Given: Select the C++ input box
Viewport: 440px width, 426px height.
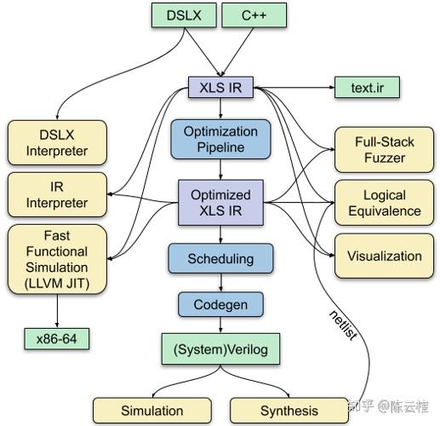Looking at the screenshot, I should tap(254, 15).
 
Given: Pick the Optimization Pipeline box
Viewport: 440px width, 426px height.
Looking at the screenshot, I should tap(220, 140).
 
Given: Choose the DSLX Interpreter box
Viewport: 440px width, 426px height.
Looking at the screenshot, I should tap(58, 143).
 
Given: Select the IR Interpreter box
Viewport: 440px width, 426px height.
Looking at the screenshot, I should tap(58, 194).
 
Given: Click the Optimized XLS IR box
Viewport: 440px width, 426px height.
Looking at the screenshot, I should tap(220, 202).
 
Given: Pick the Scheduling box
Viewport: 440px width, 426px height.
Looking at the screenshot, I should tap(220, 257).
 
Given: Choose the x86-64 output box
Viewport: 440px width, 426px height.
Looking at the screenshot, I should tap(58, 339).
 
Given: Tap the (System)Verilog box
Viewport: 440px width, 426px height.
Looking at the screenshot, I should tap(220, 349).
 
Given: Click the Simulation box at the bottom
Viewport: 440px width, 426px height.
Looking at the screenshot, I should tap(151, 410).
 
